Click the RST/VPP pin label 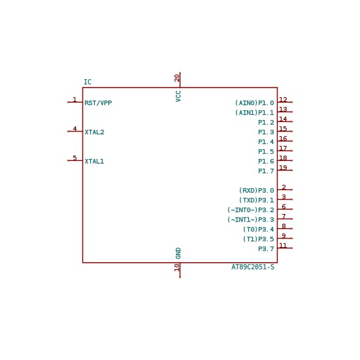(x=98, y=103)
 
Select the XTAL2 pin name (x=94, y=132)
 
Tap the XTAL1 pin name (x=94, y=161)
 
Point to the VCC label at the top (x=178, y=96)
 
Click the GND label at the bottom (x=178, y=253)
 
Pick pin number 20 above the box (x=177, y=78)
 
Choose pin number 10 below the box (x=177, y=267)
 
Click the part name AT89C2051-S (x=253, y=267)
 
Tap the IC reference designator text (x=88, y=82)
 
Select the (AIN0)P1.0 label (x=254, y=103)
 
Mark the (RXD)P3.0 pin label (x=256, y=190)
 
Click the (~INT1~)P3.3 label (x=251, y=219)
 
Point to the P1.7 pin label (x=266, y=171)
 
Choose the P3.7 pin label (x=266, y=249)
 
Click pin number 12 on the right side (x=283, y=99)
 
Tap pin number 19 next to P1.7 (x=283, y=167)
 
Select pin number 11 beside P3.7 (x=283, y=245)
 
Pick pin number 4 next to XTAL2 (x=75, y=129)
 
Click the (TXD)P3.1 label (x=256, y=200)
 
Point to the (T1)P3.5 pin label (x=259, y=239)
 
